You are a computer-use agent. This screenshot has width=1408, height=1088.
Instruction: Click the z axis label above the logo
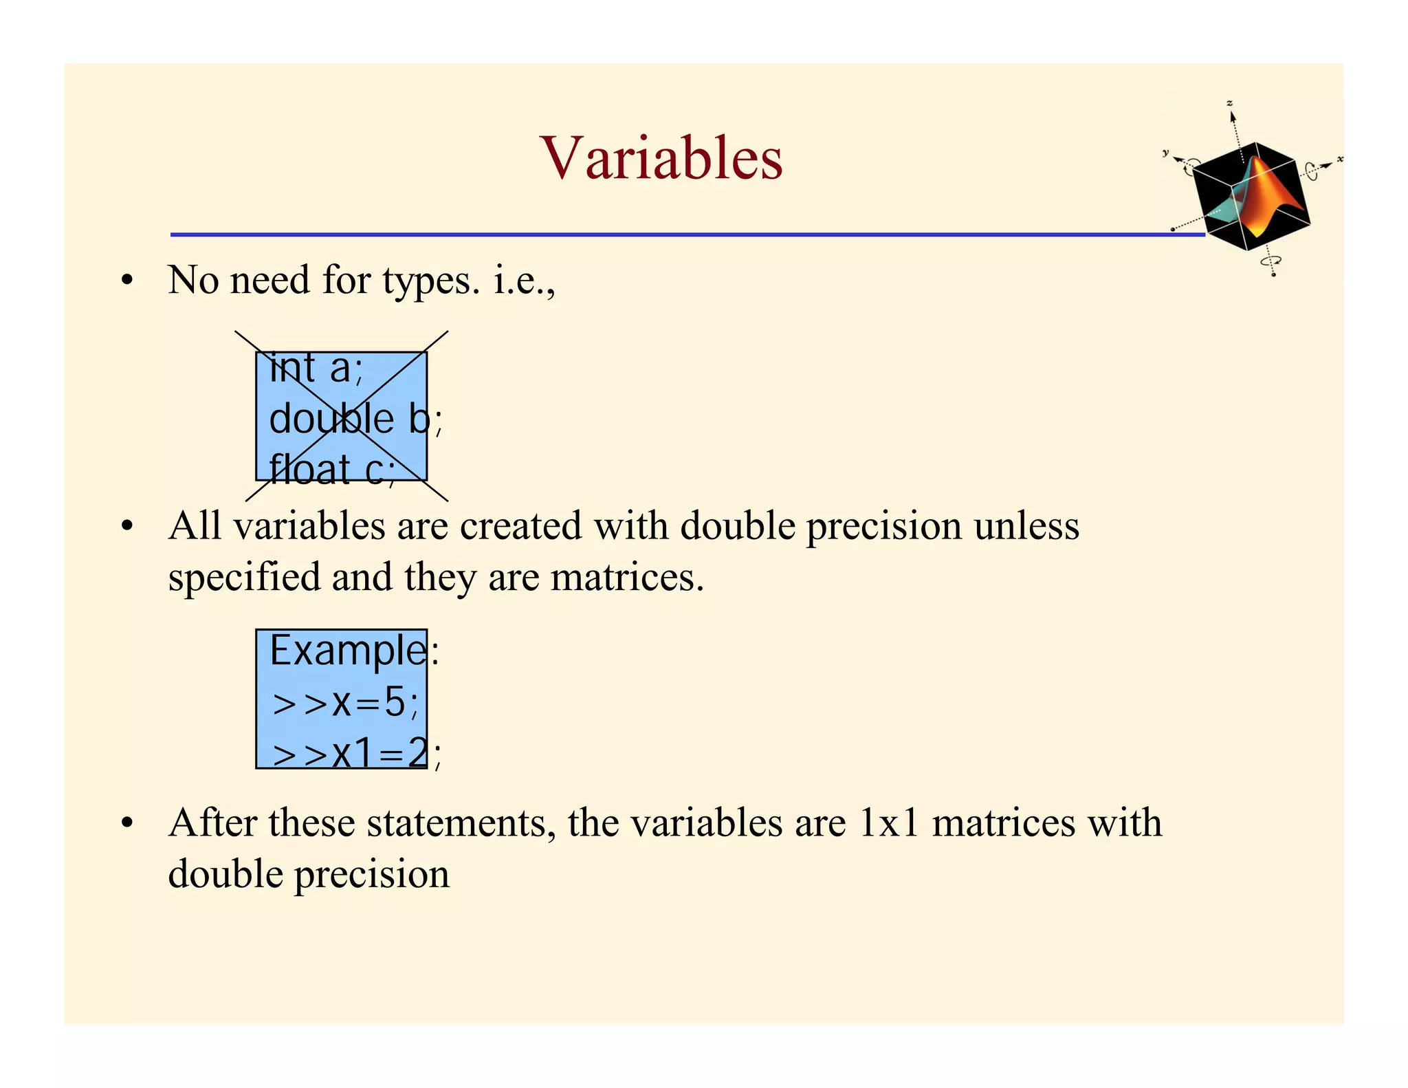pyautogui.click(x=1230, y=104)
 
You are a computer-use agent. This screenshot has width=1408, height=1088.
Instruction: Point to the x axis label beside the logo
pyautogui.click(x=1340, y=160)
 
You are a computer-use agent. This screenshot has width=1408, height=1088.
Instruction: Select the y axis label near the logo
pyautogui.click(x=1165, y=153)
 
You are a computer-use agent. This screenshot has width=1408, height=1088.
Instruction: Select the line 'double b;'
pyautogui.click(x=355, y=419)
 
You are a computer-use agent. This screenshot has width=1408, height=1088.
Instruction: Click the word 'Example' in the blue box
pyautogui.click(x=348, y=650)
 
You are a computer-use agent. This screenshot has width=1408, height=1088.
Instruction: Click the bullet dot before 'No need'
pyautogui.click(x=126, y=281)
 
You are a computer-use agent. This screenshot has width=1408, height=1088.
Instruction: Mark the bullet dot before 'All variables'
pyautogui.click(x=126, y=527)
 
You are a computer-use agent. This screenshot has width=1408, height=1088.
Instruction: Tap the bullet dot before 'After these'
pyautogui.click(x=126, y=823)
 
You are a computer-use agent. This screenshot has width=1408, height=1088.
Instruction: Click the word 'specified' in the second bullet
pyautogui.click(x=244, y=578)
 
